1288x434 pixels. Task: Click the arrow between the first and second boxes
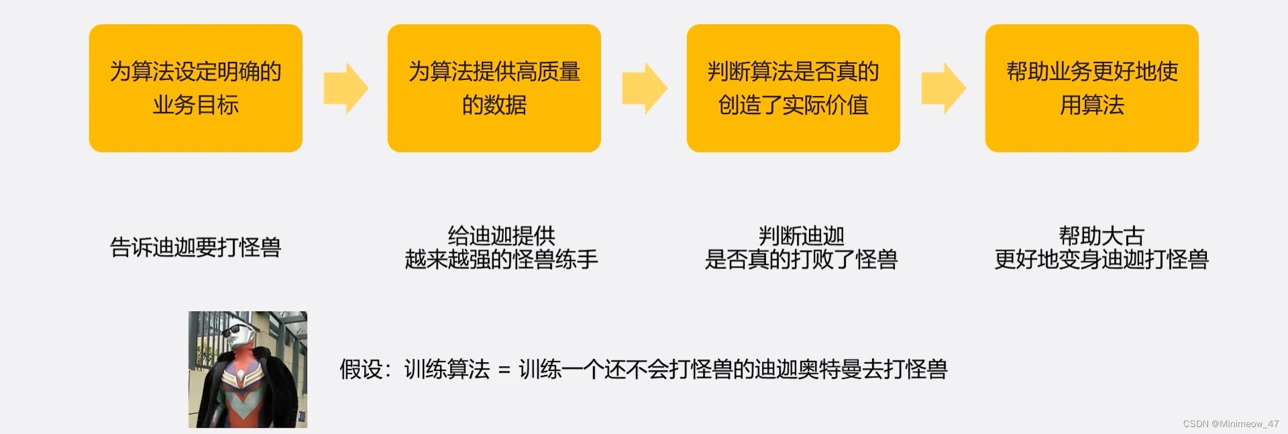tap(346, 89)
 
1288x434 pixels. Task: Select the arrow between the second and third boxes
tap(645, 89)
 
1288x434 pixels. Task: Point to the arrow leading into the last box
tap(943, 89)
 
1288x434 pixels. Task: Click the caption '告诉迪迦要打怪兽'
tap(196, 248)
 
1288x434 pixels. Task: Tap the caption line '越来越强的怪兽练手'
tap(501, 259)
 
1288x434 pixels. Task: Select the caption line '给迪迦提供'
tap(501, 236)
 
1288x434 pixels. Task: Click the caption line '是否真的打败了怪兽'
tap(801, 259)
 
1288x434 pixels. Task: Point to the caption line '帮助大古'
tap(1101, 236)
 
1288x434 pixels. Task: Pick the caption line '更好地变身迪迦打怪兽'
tap(1101, 259)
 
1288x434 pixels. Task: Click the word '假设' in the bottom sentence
tap(361, 369)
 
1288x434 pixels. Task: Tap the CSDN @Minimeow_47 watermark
tap(1231, 424)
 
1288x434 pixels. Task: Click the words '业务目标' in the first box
tap(196, 105)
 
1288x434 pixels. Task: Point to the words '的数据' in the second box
tap(494, 105)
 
